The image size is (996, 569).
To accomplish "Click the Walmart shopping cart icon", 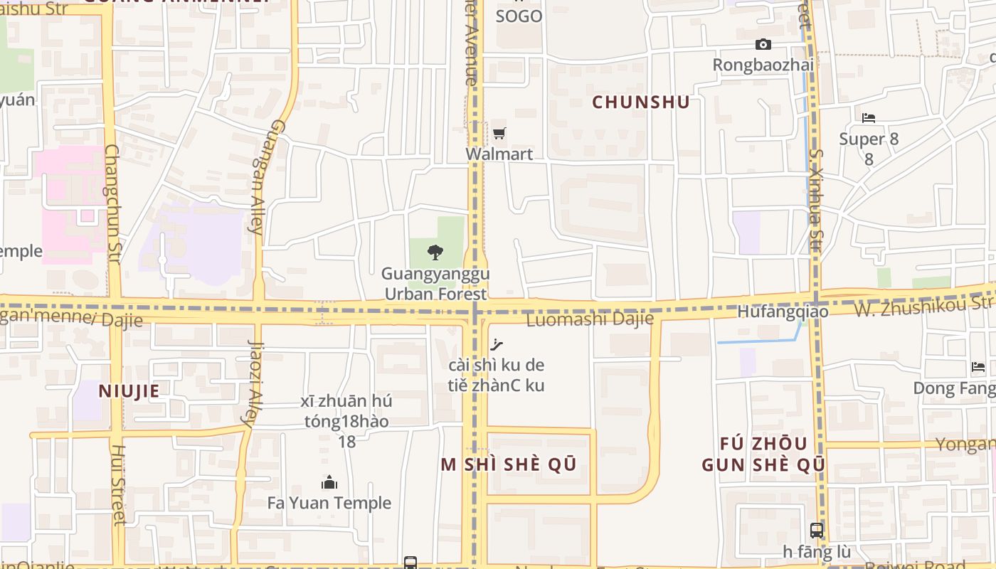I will pyautogui.click(x=499, y=133).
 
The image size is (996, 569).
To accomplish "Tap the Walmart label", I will pyautogui.click(x=499, y=154).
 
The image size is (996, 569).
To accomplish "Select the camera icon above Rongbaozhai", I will pyautogui.click(x=763, y=44).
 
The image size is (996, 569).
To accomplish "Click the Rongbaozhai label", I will pyautogui.click(x=763, y=65).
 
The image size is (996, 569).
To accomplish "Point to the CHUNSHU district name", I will pyautogui.click(x=641, y=102).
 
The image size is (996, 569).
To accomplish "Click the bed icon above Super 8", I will pyautogui.click(x=869, y=117).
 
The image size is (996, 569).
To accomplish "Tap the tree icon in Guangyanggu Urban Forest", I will pyautogui.click(x=435, y=252).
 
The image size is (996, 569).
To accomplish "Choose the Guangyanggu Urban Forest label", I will pyautogui.click(x=435, y=284).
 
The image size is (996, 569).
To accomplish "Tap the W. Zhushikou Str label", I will pyautogui.click(x=923, y=306).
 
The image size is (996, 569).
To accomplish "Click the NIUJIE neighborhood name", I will pyautogui.click(x=129, y=390).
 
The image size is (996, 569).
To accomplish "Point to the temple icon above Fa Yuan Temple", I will pyautogui.click(x=329, y=483).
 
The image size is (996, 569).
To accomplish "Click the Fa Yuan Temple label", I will pyautogui.click(x=329, y=503).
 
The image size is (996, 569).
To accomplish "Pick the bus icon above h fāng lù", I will pyautogui.click(x=817, y=530).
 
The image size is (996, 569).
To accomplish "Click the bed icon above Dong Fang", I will pyautogui.click(x=978, y=367).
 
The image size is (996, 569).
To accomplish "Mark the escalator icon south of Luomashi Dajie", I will pyautogui.click(x=497, y=345).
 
